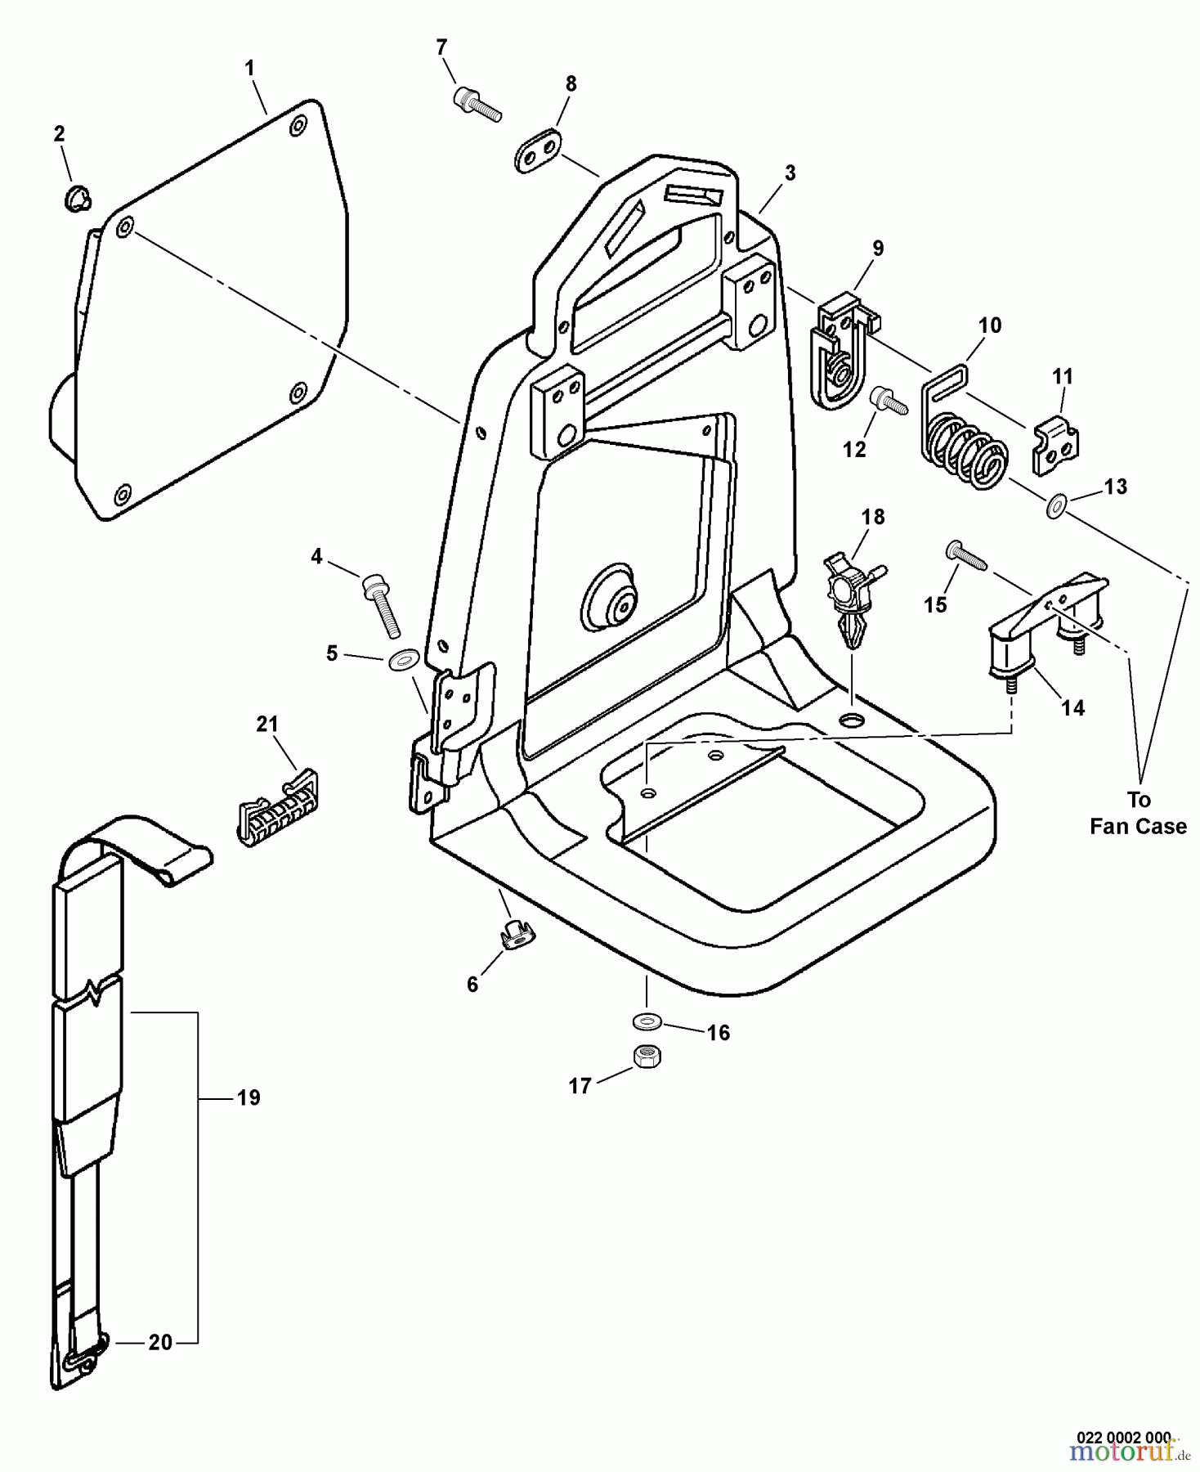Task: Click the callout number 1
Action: (250, 69)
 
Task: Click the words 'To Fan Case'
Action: (1138, 813)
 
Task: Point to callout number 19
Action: (249, 1097)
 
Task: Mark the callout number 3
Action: (790, 173)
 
